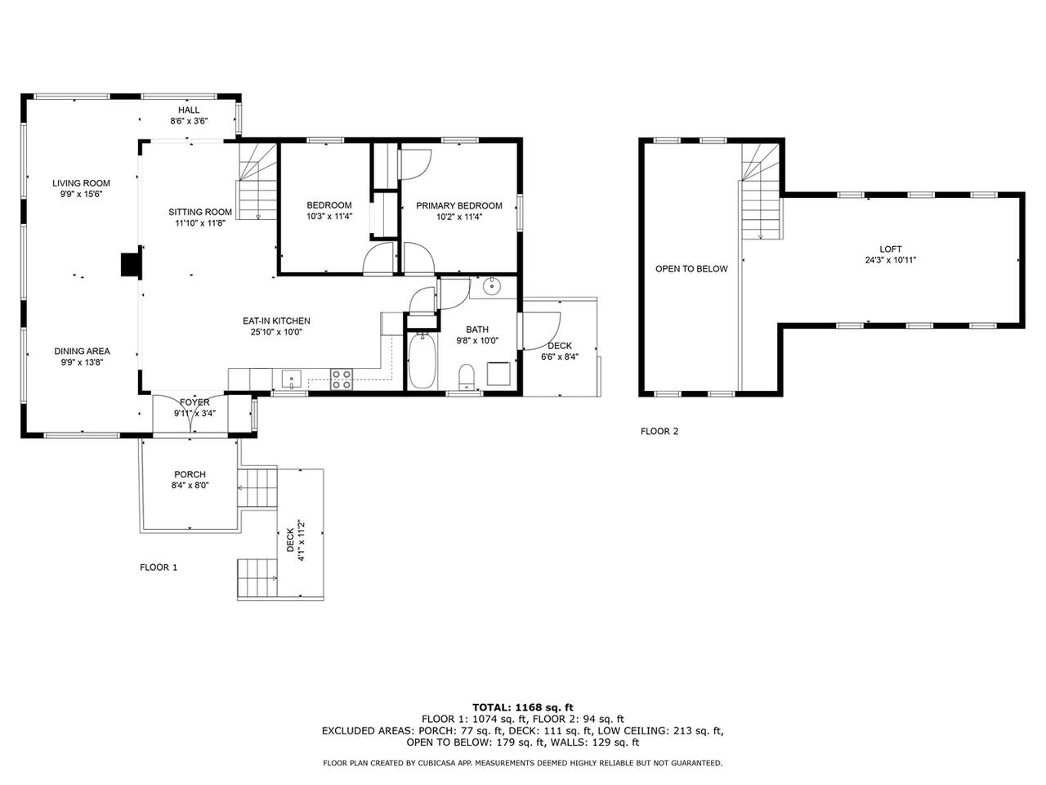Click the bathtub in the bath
(x=422, y=360)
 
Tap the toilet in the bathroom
(x=467, y=376)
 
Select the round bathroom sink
(x=491, y=286)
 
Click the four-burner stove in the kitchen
(x=342, y=379)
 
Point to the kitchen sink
(x=291, y=379)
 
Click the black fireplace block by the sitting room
(x=131, y=265)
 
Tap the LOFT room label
(x=890, y=249)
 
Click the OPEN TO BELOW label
(x=691, y=269)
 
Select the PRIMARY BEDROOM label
(x=459, y=205)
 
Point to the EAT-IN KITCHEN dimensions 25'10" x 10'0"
(x=276, y=332)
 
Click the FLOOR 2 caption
(x=659, y=432)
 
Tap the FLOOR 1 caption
(x=159, y=567)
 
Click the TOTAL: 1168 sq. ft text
(x=523, y=707)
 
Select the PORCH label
(x=190, y=474)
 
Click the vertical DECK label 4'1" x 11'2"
(x=296, y=541)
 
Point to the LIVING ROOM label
(x=81, y=183)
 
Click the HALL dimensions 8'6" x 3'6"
(x=190, y=121)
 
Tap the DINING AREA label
(x=82, y=352)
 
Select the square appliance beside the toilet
(x=498, y=374)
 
